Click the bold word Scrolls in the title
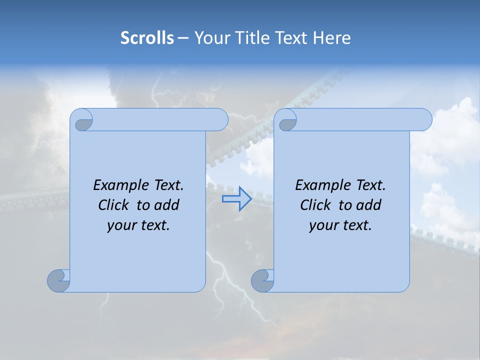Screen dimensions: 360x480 tap(147, 38)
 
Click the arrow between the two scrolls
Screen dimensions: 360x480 tap(237, 198)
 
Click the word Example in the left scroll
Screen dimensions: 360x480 tap(119, 185)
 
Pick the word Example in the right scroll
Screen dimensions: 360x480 tap(321, 185)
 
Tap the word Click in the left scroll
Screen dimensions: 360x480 tap(113, 205)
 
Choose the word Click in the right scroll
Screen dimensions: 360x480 tap(315, 205)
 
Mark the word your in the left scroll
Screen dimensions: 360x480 tap(121, 225)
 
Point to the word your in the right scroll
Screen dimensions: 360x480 tap(323, 225)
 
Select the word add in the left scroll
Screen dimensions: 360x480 tap(166, 205)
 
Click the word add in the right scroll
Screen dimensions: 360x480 tap(368, 205)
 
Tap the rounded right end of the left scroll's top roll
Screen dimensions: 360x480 tap(222, 120)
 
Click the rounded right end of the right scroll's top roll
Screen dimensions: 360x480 tap(426, 120)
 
